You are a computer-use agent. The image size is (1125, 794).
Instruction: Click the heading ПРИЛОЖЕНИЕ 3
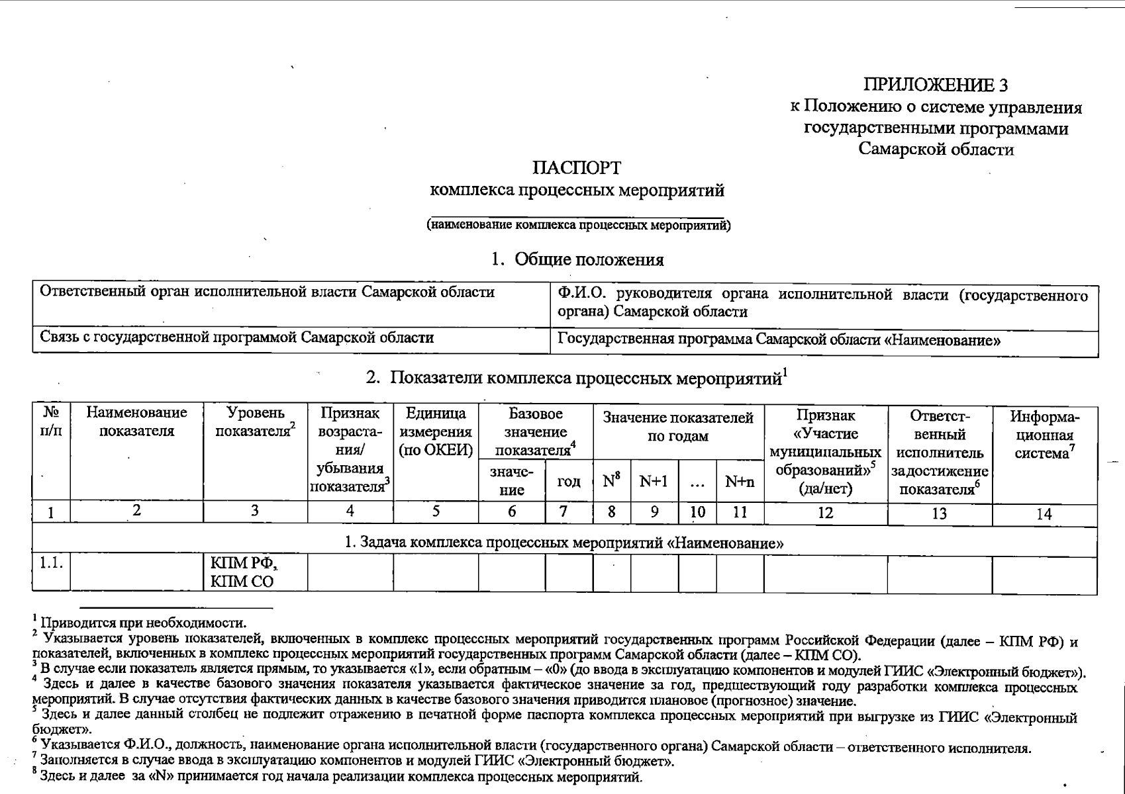pyautogui.click(x=936, y=85)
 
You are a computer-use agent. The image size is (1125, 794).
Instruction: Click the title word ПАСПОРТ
pyautogui.click(x=577, y=167)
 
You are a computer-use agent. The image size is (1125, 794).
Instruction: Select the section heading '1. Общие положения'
pyautogui.click(x=577, y=259)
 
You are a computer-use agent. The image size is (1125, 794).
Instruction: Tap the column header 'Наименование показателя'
pyautogui.click(x=136, y=422)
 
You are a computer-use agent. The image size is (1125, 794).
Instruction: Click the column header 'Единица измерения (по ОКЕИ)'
pyautogui.click(x=436, y=432)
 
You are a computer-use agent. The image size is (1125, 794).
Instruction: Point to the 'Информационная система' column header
pyautogui.click(x=1044, y=435)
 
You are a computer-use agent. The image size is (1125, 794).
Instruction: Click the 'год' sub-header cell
pyautogui.click(x=569, y=481)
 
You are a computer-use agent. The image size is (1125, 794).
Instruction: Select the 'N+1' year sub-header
pyautogui.click(x=654, y=481)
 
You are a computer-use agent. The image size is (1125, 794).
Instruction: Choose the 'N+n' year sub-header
pyautogui.click(x=740, y=481)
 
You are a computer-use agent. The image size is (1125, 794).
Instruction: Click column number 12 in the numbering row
pyautogui.click(x=825, y=513)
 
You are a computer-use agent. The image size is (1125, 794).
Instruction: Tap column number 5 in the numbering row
pyautogui.click(x=436, y=511)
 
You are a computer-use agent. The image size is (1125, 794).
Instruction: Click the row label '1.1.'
pyautogui.click(x=50, y=564)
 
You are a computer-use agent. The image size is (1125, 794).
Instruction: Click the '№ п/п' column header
pyautogui.click(x=51, y=422)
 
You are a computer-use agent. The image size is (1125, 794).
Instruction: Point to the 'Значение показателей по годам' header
pyautogui.click(x=678, y=427)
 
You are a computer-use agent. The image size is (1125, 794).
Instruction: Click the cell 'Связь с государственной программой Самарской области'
pyautogui.click(x=237, y=338)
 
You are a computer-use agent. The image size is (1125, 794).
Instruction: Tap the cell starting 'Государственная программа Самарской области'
pyautogui.click(x=778, y=340)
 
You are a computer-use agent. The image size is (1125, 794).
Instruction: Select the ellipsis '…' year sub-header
pyautogui.click(x=697, y=482)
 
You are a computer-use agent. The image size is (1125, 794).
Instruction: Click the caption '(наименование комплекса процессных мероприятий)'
pyautogui.click(x=578, y=225)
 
